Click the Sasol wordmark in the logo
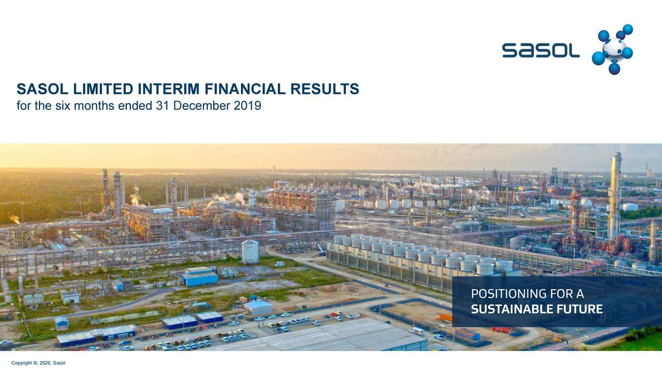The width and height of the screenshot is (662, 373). tap(540, 50)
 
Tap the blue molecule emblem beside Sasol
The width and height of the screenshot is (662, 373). tap(613, 49)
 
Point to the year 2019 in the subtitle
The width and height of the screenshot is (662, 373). tap(247, 106)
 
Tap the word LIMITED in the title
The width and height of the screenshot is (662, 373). tap(101, 90)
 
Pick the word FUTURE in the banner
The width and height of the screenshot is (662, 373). tap(583, 310)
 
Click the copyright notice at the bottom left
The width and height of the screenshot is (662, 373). tap(38, 363)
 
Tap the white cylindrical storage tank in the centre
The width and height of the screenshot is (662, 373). tap(250, 251)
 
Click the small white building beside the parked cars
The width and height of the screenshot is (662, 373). tap(258, 308)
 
